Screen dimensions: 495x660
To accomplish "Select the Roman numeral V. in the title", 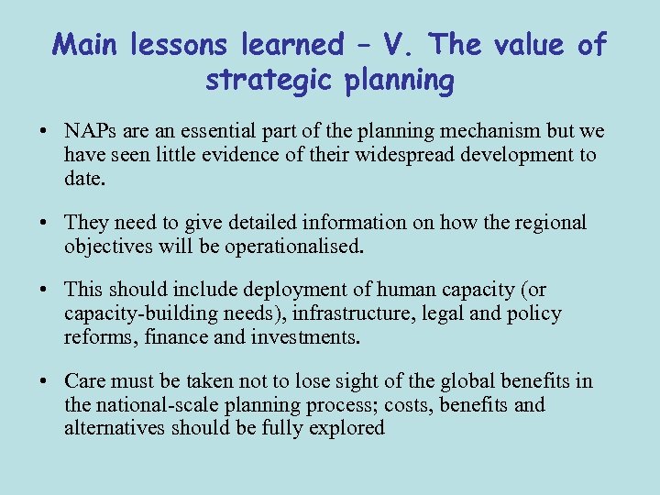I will (397, 44).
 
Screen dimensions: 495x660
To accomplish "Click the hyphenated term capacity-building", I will (132, 313).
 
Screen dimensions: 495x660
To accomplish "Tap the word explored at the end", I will (348, 427).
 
